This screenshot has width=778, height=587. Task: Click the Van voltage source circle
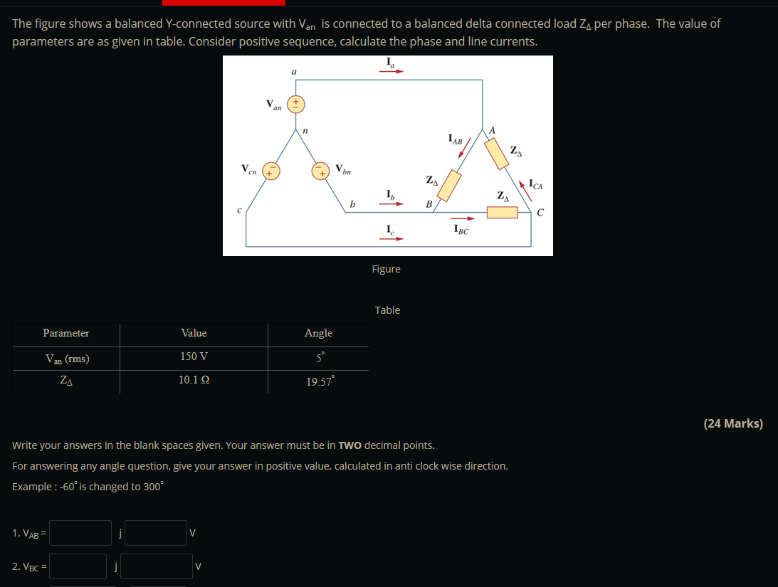[x=295, y=104]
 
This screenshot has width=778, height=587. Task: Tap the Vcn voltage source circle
[x=271, y=171]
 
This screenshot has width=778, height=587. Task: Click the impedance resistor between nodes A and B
[x=448, y=185]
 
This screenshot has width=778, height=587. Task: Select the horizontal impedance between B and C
[x=502, y=212]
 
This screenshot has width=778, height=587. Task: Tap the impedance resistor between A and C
[x=497, y=152]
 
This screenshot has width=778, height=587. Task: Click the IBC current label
[x=461, y=230]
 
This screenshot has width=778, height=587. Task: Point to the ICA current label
[x=536, y=186]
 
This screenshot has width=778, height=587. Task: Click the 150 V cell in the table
[x=194, y=356]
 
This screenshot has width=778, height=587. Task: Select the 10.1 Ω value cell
[x=194, y=380]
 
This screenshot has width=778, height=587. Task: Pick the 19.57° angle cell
[x=318, y=382]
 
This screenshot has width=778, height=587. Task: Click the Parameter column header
[x=66, y=333]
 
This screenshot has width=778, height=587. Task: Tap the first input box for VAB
[x=80, y=533]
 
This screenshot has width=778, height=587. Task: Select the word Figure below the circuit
[x=387, y=269]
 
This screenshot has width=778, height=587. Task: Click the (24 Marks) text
[x=732, y=423]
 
